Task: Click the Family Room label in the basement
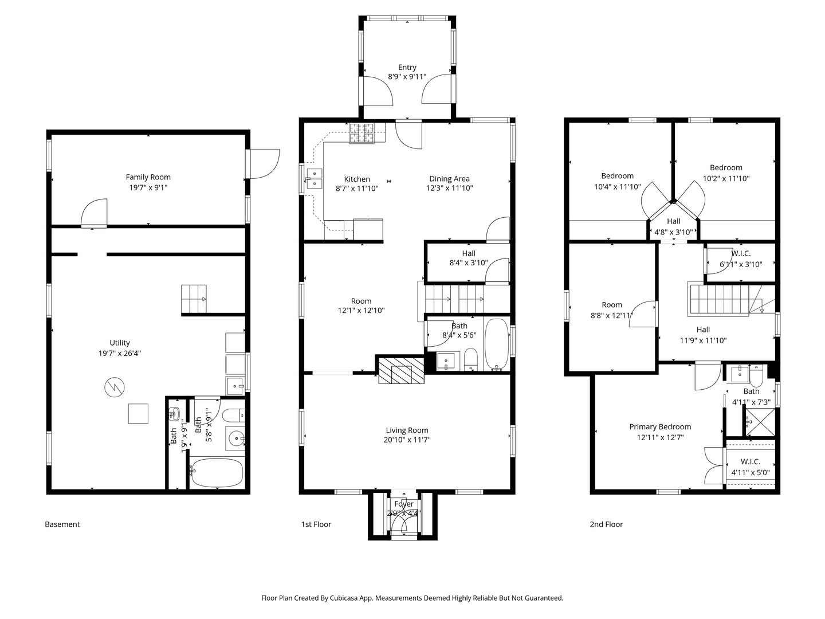[148, 177]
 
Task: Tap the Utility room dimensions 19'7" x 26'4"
[120, 353]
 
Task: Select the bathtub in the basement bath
[217, 473]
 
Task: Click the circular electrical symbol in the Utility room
[114, 388]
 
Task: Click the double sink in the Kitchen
[314, 179]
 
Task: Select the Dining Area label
[449, 179]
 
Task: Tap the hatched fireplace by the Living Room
[401, 371]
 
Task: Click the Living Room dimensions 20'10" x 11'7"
[407, 440]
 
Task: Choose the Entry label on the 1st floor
[407, 67]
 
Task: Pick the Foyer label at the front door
[404, 504]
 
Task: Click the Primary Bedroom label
[660, 426]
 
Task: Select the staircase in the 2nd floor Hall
[719, 299]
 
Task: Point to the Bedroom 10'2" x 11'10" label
[726, 167]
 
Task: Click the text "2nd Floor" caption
[606, 524]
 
